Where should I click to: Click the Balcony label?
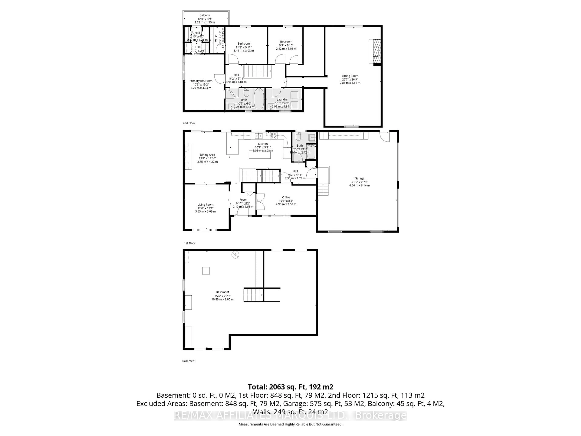coord(205,15)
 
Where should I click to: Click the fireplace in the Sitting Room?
coord(375,51)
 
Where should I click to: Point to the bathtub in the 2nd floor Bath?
coord(259,99)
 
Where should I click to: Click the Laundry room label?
coord(282,100)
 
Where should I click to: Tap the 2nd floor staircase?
coord(258,71)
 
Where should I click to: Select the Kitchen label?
coord(263,144)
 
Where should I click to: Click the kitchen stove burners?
coord(273,136)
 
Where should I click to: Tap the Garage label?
coord(359,178)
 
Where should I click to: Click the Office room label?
coord(286,197)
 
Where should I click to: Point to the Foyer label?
coord(243,200)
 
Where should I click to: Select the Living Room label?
coord(205,205)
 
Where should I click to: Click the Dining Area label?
coord(207,155)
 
